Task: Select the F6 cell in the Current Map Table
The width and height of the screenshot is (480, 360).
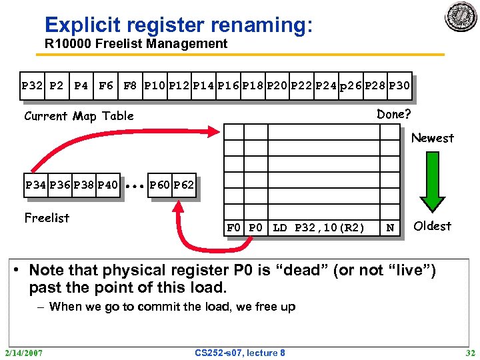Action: click(x=105, y=85)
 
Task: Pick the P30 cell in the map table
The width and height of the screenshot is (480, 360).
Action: click(x=399, y=85)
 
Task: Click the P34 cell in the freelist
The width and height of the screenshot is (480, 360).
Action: click(x=35, y=184)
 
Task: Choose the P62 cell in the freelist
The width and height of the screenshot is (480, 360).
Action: click(x=183, y=184)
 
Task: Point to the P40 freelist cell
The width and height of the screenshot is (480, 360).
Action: click(x=107, y=184)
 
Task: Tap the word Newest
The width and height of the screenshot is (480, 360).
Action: click(x=432, y=138)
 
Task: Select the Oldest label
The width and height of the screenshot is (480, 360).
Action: click(x=433, y=226)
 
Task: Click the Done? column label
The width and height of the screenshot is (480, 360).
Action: click(x=393, y=114)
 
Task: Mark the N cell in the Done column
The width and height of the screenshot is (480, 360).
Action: click(x=390, y=228)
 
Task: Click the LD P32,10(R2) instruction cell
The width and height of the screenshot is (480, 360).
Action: click(x=319, y=228)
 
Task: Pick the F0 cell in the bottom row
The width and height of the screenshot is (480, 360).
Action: click(x=234, y=228)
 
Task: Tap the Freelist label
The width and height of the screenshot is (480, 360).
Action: click(x=47, y=217)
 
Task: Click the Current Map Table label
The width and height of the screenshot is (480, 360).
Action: click(x=79, y=116)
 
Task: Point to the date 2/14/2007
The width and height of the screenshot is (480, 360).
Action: click(x=23, y=352)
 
